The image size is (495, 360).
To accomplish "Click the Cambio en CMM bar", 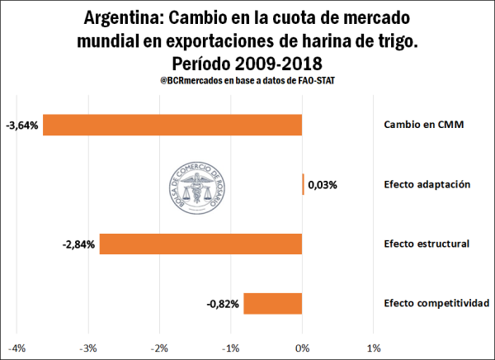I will point(172,125).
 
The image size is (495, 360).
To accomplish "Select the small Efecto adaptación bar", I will point(303,184).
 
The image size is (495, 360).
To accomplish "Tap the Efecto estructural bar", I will point(200,244).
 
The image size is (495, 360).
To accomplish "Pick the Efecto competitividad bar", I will point(272,304).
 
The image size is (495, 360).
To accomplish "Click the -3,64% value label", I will point(21,126).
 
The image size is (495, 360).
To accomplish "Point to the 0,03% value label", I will point(323,185).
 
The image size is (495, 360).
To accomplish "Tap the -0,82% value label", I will point(223,304).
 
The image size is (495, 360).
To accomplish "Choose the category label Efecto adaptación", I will point(427,184).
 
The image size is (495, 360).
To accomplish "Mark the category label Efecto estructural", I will point(427,244).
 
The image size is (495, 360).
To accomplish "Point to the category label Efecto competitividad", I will point(436,303).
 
